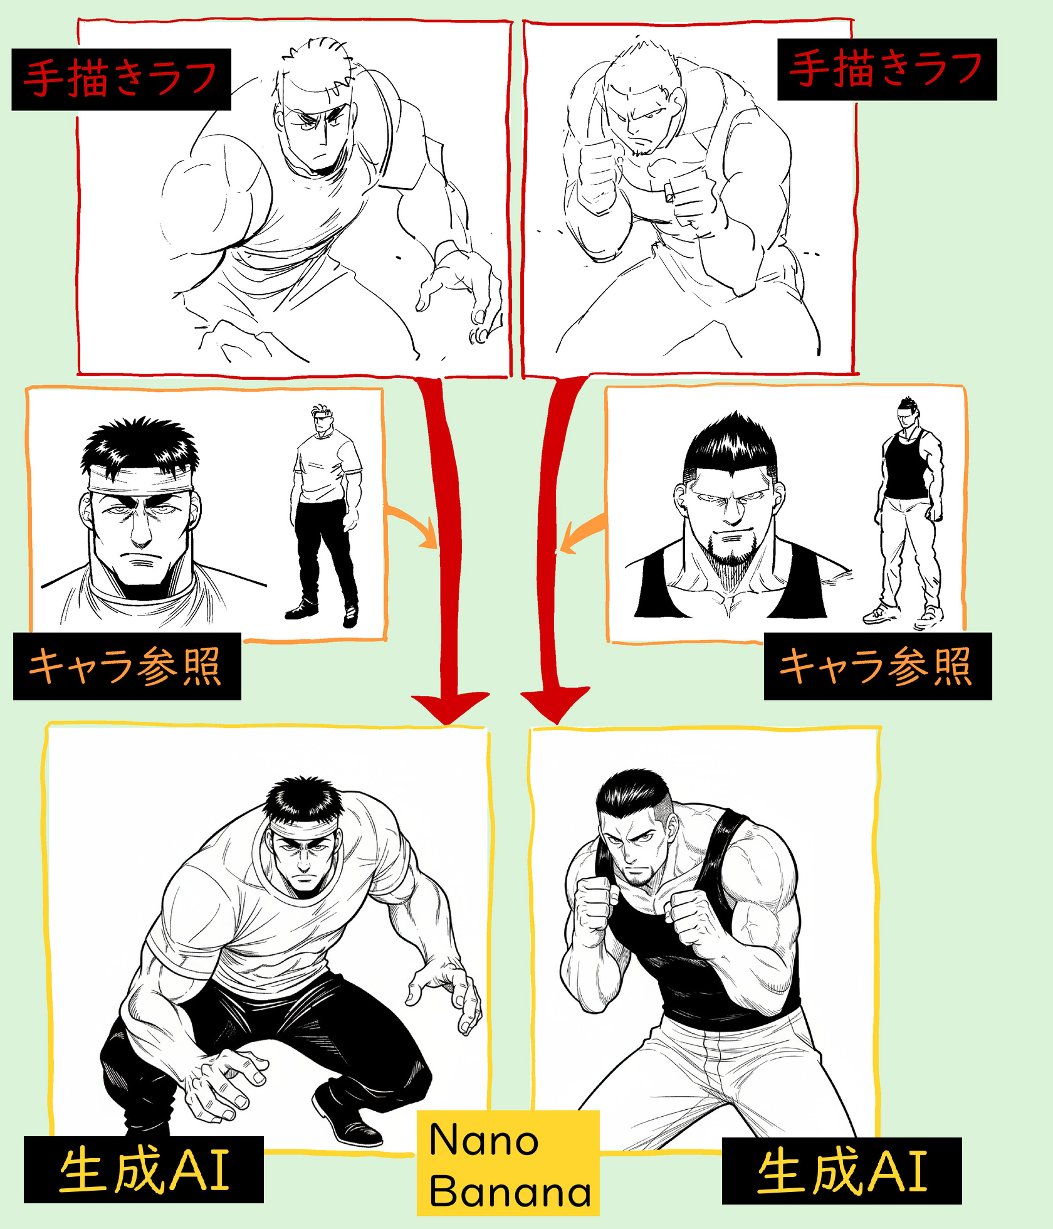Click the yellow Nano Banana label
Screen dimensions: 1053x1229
click(x=508, y=1164)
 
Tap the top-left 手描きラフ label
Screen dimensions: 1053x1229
click(x=121, y=80)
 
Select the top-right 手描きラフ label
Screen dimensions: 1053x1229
click(x=887, y=69)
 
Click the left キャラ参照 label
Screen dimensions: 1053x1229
click(x=127, y=666)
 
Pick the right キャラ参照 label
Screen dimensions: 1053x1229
click(x=877, y=666)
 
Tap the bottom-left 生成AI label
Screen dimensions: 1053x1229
click(x=144, y=1170)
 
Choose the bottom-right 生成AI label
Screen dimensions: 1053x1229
click(x=842, y=1171)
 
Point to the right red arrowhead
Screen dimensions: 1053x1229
click(x=555, y=705)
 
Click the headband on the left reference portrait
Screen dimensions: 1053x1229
click(x=140, y=481)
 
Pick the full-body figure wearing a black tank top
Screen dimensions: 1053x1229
click(x=906, y=511)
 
